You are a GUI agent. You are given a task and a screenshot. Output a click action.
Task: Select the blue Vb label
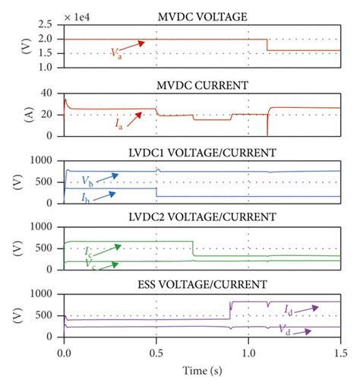[89, 185]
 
